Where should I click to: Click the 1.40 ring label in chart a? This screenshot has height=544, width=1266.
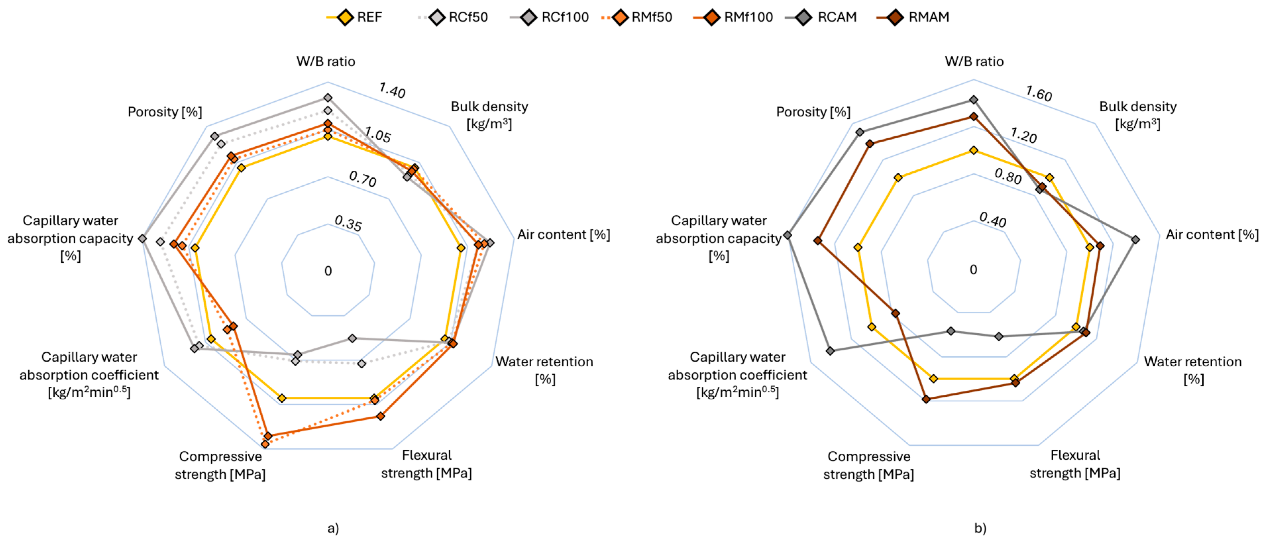(x=392, y=90)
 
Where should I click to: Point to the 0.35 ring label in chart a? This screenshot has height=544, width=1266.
(x=348, y=223)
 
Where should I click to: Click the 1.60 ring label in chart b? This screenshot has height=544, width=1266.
(x=1038, y=93)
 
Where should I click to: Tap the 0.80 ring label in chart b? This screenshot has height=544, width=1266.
(x=1008, y=176)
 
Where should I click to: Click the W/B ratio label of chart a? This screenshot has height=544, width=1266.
(x=326, y=61)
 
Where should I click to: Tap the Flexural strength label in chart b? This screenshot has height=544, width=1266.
(x=1075, y=464)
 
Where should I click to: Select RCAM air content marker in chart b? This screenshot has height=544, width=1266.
(x=1135, y=240)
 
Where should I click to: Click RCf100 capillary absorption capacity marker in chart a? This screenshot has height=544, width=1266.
(x=142, y=239)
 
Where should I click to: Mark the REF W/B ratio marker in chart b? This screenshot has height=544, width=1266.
(x=974, y=150)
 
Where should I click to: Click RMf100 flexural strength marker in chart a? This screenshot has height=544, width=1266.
(x=380, y=416)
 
